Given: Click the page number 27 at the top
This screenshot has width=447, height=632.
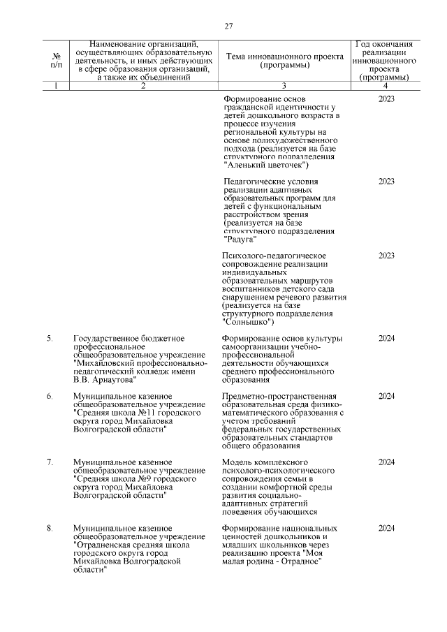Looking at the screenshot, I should tap(228, 27).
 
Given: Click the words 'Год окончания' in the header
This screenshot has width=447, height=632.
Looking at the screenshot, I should tap(384, 44).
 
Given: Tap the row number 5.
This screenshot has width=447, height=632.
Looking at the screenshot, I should tap(50, 339).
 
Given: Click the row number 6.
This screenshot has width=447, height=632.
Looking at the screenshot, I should tap(50, 396).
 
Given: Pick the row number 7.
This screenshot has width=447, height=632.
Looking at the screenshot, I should tap(50, 462).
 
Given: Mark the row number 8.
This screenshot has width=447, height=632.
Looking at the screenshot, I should tap(50, 528).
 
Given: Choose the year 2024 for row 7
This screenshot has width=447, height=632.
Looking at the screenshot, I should tap(386, 462).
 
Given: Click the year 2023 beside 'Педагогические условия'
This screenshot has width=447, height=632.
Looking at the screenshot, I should tap(386, 182).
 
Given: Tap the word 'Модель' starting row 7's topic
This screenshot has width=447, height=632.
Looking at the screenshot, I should tap(237, 462).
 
